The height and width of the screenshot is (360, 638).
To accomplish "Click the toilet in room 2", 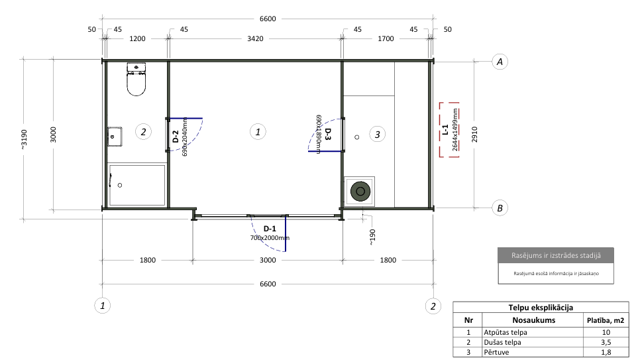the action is [x=136, y=80].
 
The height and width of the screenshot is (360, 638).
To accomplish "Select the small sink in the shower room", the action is [x=115, y=137].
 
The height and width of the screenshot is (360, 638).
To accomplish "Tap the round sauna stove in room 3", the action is [x=360, y=191].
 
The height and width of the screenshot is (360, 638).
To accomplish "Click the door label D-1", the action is [x=270, y=229].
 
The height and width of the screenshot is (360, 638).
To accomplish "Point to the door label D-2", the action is [x=176, y=137].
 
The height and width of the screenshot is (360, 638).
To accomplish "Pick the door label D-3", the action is [x=328, y=134].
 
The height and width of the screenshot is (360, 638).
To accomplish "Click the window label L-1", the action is [x=445, y=129].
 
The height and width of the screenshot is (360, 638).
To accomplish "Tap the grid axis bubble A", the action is [x=500, y=62].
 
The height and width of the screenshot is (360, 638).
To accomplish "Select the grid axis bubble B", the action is [x=500, y=208].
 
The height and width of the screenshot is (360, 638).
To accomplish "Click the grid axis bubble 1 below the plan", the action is [x=103, y=306].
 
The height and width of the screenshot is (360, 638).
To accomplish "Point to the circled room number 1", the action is [x=258, y=131].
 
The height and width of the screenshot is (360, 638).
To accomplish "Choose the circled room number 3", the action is [x=377, y=135].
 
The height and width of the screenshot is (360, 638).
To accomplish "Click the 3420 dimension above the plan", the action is [x=255, y=38].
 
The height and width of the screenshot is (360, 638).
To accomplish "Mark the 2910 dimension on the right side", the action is [x=474, y=135].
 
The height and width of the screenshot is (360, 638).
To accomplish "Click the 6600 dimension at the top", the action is [x=268, y=19].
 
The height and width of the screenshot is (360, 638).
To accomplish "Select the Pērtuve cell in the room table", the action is [x=496, y=352].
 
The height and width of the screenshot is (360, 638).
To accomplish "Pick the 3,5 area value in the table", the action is [x=606, y=343].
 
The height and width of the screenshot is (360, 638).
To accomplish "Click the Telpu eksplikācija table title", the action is [x=541, y=308].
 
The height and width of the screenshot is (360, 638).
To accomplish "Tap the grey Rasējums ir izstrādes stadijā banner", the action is [x=556, y=255].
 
